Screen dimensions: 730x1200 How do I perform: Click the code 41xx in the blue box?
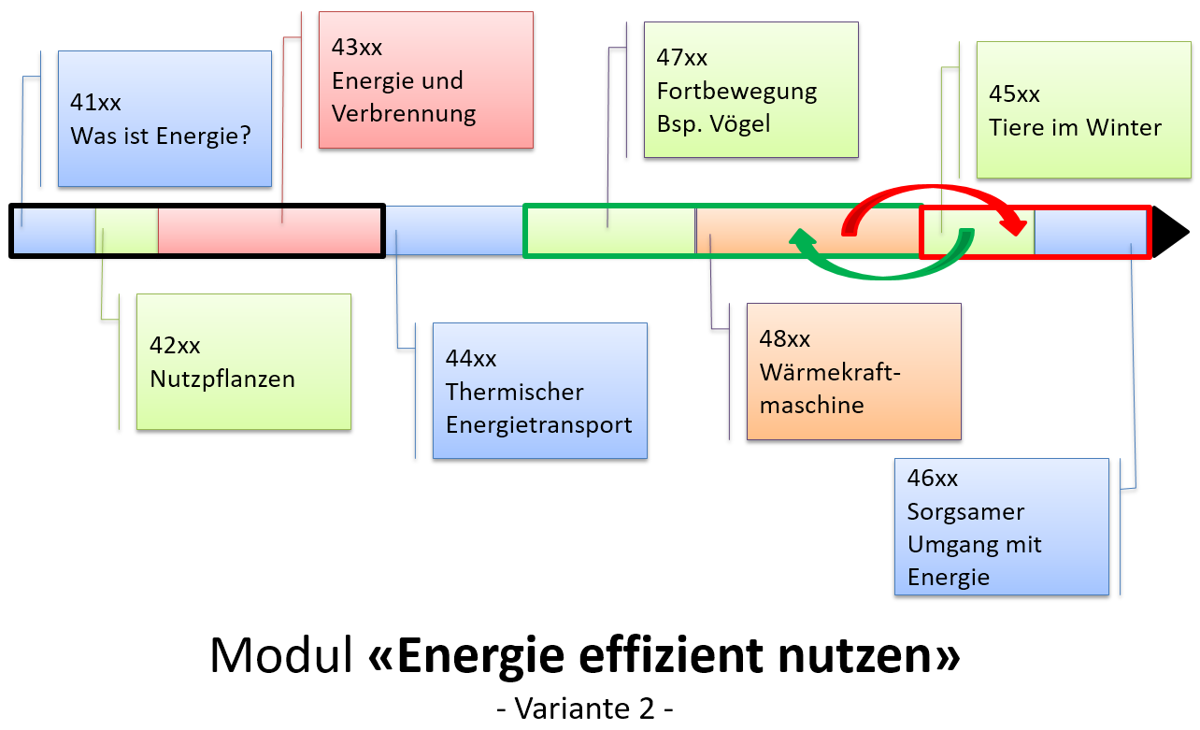pyautogui.click(x=95, y=103)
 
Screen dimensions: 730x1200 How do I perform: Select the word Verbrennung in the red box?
pyautogui.click(x=404, y=114)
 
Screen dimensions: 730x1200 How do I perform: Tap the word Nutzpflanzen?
pyautogui.click(x=222, y=379)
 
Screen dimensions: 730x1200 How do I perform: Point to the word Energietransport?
pyautogui.click(x=539, y=424)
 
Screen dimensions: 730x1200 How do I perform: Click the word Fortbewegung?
pyautogui.click(x=736, y=91)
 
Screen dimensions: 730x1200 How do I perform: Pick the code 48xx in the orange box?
pyautogui.click(x=785, y=338)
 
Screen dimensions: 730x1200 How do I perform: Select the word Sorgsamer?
pyautogui.click(x=952, y=511)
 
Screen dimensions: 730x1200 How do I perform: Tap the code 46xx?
pyautogui.click(x=933, y=479)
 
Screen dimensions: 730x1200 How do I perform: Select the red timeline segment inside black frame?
pyautogui.click(x=269, y=231)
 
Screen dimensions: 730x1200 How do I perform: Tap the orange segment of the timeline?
pyautogui.click(x=807, y=231)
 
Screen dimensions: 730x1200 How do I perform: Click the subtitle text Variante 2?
pyautogui.click(x=585, y=708)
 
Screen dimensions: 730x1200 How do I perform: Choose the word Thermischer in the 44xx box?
pyautogui.click(x=515, y=392)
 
